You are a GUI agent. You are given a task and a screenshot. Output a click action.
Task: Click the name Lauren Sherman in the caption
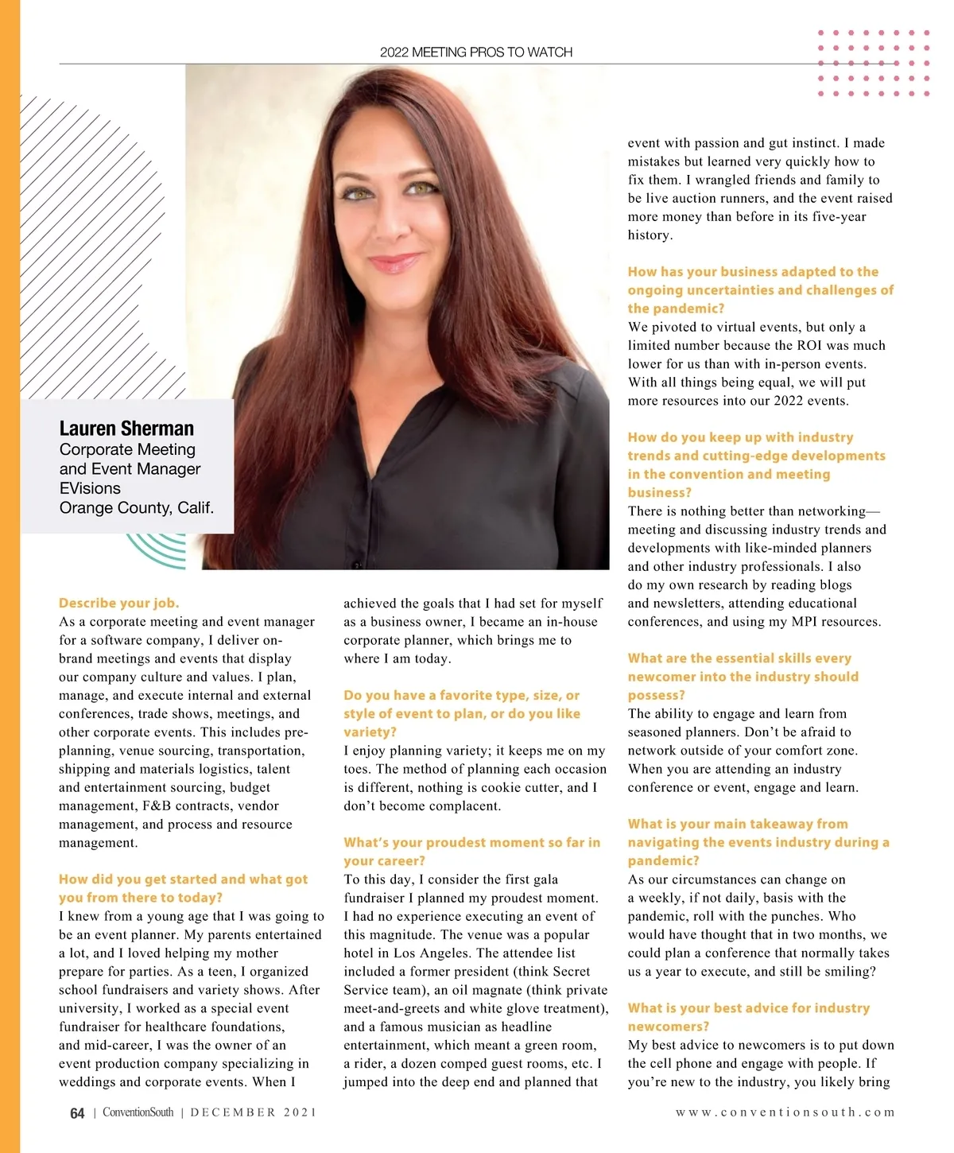click(x=126, y=429)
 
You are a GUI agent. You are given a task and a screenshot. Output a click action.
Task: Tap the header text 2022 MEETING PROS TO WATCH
click(x=476, y=52)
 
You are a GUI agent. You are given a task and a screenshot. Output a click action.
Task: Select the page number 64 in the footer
click(x=77, y=1113)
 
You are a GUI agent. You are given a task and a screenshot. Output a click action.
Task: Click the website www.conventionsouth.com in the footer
click(x=785, y=1112)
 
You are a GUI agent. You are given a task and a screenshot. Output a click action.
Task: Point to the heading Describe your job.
click(x=119, y=603)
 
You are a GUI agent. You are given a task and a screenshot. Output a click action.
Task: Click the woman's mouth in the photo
click(x=395, y=262)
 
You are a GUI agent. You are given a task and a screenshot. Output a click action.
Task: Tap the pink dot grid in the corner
click(x=874, y=64)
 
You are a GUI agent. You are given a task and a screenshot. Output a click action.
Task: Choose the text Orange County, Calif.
click(x=137, y=507)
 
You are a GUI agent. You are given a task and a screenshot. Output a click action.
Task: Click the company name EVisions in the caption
click(x=90, y=488)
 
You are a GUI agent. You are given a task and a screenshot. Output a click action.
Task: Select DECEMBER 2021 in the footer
click(x=254, y=1112)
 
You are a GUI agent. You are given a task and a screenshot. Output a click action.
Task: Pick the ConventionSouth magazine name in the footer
click(x=138, y=1112)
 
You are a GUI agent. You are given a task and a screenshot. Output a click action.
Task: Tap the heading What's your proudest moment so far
click(x=471, y=842)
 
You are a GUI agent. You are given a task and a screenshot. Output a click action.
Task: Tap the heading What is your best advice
click(x=748, y=1007)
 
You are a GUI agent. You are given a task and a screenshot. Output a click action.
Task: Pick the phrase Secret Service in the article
click(x=467, y=980)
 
